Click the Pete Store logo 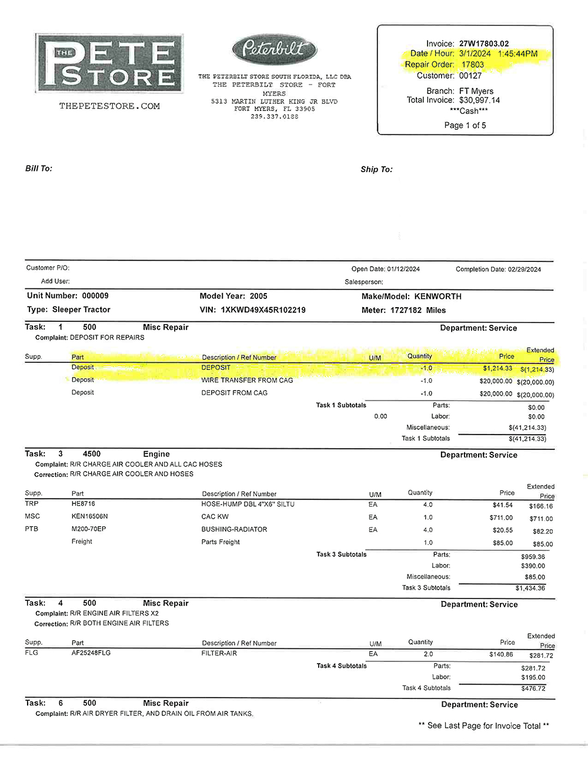[x=109, y=63]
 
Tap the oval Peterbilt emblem [x=275, y=49]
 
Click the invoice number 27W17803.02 [x=483, y=43]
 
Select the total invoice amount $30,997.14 [x=479, y=100]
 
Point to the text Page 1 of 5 [x=465, y=125]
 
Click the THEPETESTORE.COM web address [x=109, y=106]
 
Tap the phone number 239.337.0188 [x=274, y=116]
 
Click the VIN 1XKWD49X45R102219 [x=263, y=310]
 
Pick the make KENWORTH [x=437, y=297]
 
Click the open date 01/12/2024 [x=403, y=269]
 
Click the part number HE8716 [x=83, y=504]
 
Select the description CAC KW [x=215, y=517]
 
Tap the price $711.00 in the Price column [x=501, y=517]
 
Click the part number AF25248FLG [x=91, y=653]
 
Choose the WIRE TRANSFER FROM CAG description [x=247, y=380]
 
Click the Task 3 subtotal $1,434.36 [x=530, y=588]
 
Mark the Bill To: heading [x=39, y=169]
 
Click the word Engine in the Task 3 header [x=156, y=454]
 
